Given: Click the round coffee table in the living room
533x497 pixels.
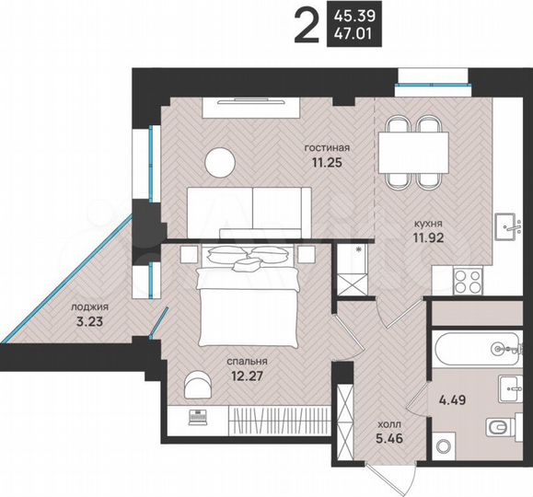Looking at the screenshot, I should pos(221,162).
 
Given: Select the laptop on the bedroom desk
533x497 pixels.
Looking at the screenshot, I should pos(194,417).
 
